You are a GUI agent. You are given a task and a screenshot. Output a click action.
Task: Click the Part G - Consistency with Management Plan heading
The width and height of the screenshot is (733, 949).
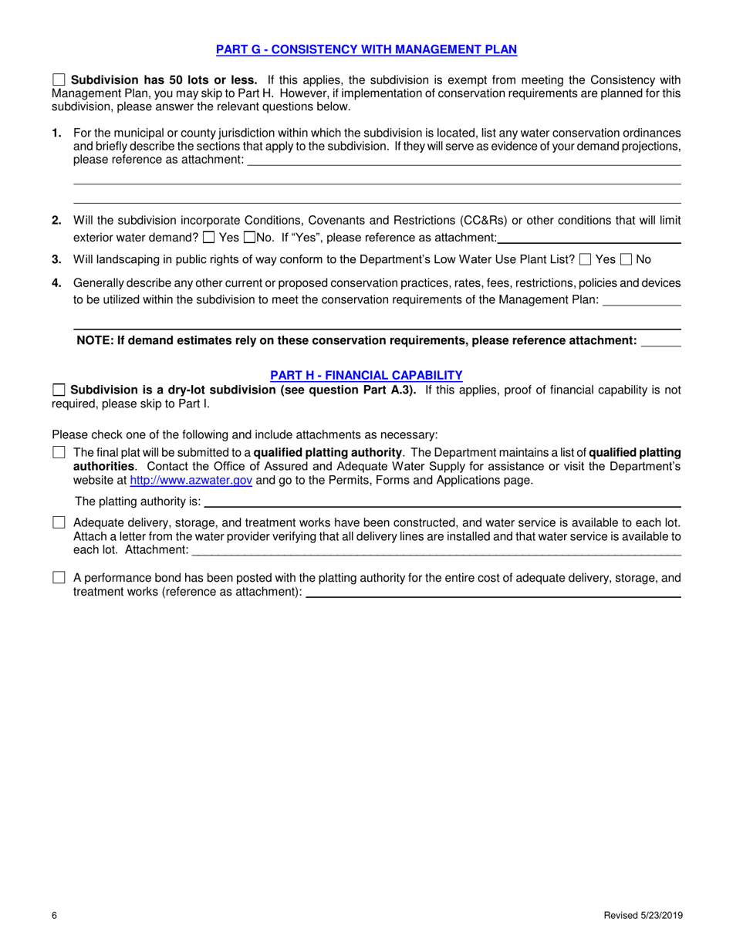click(366, 49)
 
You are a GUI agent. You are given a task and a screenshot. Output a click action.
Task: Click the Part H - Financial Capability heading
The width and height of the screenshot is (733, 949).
click(366, 375)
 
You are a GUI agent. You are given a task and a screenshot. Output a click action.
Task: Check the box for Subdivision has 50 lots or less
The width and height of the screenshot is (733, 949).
click(59, 79)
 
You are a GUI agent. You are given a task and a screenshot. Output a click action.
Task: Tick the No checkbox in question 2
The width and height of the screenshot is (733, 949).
click(249, 238)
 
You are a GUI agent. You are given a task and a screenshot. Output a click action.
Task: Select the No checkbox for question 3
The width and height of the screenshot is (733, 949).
click(626, 260)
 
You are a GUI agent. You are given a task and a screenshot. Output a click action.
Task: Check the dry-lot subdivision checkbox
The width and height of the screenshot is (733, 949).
click(59, 390)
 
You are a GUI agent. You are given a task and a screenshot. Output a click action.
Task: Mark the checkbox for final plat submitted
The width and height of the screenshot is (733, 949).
click(59, 453)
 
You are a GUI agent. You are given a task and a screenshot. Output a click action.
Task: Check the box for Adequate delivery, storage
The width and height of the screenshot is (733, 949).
click(59, 523)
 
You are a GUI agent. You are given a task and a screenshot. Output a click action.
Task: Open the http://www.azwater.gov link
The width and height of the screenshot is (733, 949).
click(191, 480)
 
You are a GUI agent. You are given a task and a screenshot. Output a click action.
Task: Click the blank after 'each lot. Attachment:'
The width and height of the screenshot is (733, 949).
click(436, 551)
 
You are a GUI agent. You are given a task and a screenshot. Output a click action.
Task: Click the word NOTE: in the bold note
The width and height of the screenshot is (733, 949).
click(95, 340)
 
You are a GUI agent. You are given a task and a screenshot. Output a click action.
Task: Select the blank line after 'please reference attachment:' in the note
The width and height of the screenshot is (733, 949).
click(661, 342)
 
